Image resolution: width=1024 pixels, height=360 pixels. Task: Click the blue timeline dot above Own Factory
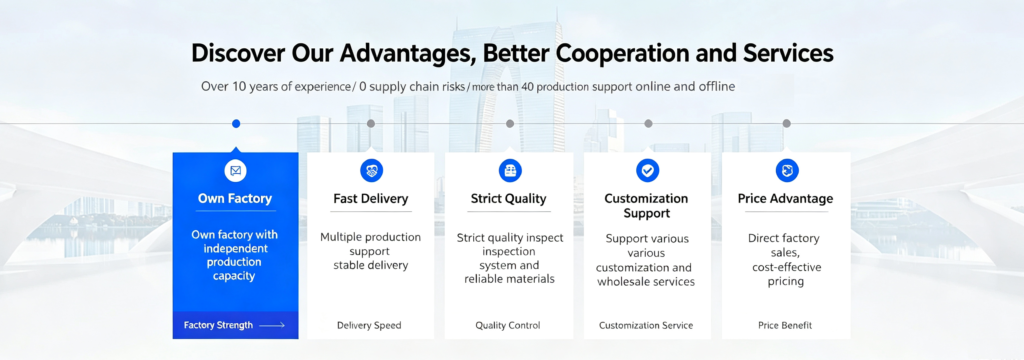[x=236, y=123]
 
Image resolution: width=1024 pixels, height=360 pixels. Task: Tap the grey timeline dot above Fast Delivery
[x=371, y=123]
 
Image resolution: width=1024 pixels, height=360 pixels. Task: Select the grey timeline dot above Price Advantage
[x=786, y=123]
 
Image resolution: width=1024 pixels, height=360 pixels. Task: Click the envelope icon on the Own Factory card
[x=236, y=171]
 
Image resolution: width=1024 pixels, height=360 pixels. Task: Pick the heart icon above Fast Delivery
[x=372, y=171]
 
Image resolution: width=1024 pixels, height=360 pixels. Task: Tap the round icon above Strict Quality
[x=510, y=171]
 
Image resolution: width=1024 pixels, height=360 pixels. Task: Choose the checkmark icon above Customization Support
[x=647, y=171]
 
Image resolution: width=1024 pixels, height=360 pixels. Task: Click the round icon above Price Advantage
[x=787, y=171]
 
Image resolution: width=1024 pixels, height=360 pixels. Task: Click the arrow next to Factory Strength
[x=272, y=325]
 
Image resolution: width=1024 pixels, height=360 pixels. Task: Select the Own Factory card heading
[x=235, y=199]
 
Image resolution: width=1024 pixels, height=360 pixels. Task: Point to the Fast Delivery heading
[x=370, y=199]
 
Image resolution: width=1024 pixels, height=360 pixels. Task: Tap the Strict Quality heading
[x=508, y=199]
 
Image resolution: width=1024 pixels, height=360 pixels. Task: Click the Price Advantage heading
[x=785, y=199]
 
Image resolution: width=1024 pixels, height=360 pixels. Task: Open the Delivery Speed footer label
[x=369, y=325]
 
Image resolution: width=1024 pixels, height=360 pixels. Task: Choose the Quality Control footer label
[x=507, y=325]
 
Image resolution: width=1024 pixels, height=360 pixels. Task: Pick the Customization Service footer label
[x=646, y=325]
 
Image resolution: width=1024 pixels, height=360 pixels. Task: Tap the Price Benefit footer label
[x=785, y=325]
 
